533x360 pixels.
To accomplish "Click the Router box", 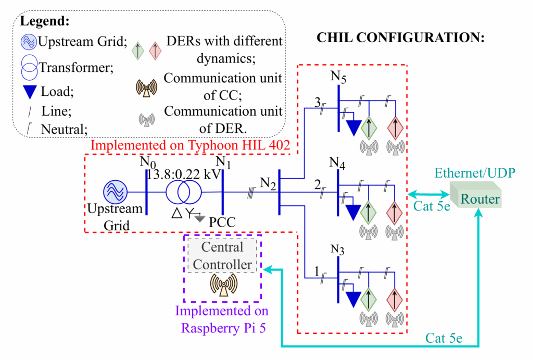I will point(480,198).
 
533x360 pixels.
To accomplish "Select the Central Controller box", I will point(222,255).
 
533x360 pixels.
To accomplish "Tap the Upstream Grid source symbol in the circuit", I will point(115,192).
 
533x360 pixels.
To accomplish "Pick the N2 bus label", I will point(269,183).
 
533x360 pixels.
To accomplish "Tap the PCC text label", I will point(223,222).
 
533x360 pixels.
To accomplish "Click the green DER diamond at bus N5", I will point(369,126).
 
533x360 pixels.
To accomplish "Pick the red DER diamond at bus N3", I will point(395,299).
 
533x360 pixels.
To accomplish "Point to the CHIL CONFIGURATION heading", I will point(400,38).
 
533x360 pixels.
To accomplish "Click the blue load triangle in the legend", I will point(31,92).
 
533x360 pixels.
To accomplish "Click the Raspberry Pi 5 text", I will point(222,328).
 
